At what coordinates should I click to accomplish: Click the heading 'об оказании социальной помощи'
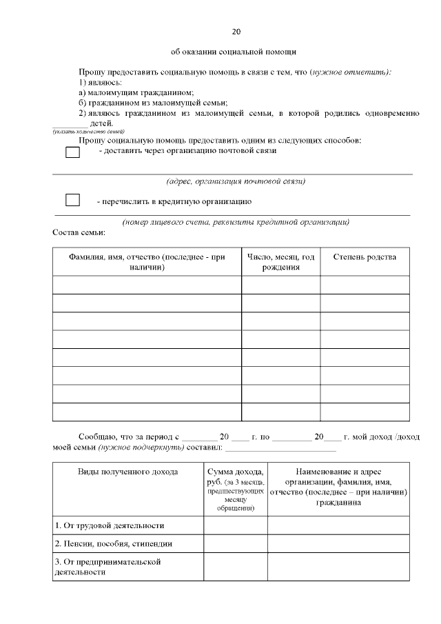(x=234, y=52)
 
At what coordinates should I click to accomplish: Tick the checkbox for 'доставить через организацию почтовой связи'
(x=72, y=152)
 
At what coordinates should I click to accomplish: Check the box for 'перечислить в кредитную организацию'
(x=72, y=200)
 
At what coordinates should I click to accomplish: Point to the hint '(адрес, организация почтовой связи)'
(x=236, y=182)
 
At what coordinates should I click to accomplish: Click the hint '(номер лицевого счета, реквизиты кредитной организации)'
(x=236, y=222)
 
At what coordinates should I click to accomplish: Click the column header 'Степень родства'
(x=365, y=257)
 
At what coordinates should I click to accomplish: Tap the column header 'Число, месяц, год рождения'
(x=280, y=262)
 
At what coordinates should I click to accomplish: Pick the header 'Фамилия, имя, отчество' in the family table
(x=147, y=262)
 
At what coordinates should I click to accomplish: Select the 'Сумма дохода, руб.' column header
(x=235, y=488)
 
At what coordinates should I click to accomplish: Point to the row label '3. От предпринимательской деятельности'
(x=107, y=567)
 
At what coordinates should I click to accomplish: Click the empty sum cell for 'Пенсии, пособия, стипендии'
(x=235, y=544)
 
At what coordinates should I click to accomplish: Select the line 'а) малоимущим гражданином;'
(x=136, y=92)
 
